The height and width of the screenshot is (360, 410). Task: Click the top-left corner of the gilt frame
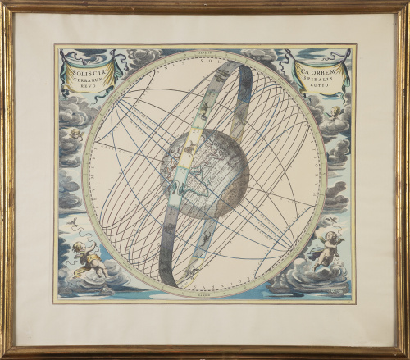pos(4,4)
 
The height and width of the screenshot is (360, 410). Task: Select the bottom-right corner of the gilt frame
pos(406,355)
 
